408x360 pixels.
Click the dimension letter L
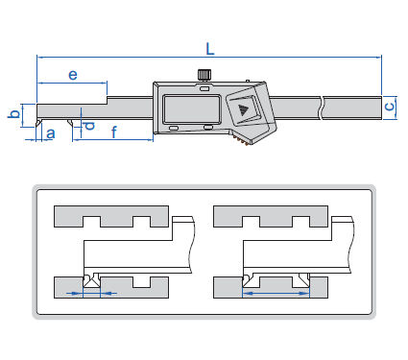pyautogui.click(x=210, y=49)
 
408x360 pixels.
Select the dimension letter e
pyautogui.click(x=73, y=75)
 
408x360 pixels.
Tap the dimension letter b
pyautogui.click(x=14, y=113)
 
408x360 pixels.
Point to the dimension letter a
pyautogui.click(x=51, y=133)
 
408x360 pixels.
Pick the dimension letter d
pyautogui.click(x=89, y=125)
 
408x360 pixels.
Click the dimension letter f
pyautogui.click(x=114, y=132)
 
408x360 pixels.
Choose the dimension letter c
pyautogui.click(x=389, y=106)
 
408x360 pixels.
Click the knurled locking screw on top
pyautogui.click(x=204, y=75)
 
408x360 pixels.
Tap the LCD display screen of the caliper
pyautogui.click(x=192, y=109)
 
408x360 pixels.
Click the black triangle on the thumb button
pyautogui.click(x=243, y=110)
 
